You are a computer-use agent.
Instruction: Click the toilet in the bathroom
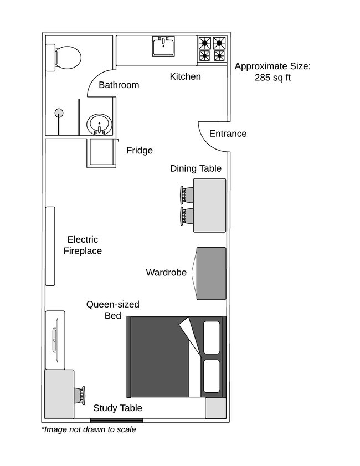(66, 57)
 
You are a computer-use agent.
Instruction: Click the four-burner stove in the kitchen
(213, 49)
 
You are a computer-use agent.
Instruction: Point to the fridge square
(101, 153)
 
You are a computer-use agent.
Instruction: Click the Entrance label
(228, 134)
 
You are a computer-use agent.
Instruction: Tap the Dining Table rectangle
(209, 205)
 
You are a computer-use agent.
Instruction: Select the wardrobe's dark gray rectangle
(212, 273)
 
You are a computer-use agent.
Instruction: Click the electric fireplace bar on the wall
(50, 246)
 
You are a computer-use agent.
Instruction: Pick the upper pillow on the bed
(212, 337)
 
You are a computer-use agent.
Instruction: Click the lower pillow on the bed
(212, 376)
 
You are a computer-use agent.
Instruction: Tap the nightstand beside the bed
(215, 408)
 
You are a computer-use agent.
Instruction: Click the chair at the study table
(81, 395)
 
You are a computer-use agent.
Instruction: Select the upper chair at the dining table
(185, 195)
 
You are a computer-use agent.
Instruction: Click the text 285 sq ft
(272, 78)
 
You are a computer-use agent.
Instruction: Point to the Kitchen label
(185, 76)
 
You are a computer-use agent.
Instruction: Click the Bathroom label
(119, 85)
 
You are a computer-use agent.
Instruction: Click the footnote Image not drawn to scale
(89, 429)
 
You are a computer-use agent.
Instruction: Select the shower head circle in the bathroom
(59, 113)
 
